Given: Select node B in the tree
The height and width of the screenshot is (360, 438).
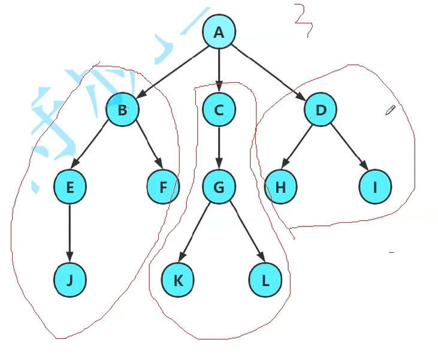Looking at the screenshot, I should tap(122, 110).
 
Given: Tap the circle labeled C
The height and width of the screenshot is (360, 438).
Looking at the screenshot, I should tap(219, 110).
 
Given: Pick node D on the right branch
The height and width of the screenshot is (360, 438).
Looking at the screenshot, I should tap(319, 110).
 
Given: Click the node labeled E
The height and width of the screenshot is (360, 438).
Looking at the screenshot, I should tap(70, 187).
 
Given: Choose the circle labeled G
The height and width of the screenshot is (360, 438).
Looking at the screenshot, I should tap(219, 187).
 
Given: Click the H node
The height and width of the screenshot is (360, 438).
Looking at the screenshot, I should tap(280, 187).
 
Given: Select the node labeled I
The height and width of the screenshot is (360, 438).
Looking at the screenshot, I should tap(376, 187).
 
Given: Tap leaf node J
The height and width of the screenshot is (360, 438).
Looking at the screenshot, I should tap(70, 279).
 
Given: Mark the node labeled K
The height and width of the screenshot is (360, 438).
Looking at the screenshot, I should tap(177, 279).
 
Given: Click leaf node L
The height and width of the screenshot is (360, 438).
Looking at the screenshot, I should tap(265, 279).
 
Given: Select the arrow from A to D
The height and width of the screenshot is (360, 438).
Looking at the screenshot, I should tap(268, 70).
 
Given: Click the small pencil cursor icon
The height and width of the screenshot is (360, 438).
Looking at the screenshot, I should tap(390, 110).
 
